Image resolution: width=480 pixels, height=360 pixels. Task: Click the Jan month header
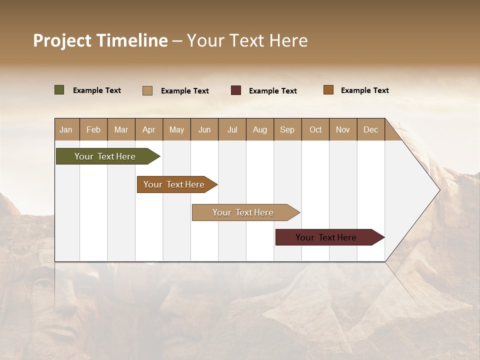point(66,129)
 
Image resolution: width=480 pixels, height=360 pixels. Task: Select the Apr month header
point(149,129)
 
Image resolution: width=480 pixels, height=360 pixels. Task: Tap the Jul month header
point(232,129)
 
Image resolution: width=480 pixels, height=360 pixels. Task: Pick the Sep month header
point(287,129)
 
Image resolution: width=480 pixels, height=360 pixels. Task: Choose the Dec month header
point(370,129)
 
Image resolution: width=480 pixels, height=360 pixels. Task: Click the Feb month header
point(93,129)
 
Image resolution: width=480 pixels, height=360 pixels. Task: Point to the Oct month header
point(315,129)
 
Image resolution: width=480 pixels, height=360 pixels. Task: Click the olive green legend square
point(59,90)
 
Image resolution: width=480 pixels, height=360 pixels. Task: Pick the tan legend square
point(147,90)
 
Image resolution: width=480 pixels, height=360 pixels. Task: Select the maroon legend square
point(236,90)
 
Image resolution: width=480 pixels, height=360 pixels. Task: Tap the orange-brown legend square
point(328,90)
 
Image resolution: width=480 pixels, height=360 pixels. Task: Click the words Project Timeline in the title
point(100,40)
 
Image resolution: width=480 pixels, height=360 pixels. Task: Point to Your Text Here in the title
point(247,40)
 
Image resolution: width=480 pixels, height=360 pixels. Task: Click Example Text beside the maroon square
point(272,91)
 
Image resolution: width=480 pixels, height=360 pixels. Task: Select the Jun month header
point(204,129)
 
